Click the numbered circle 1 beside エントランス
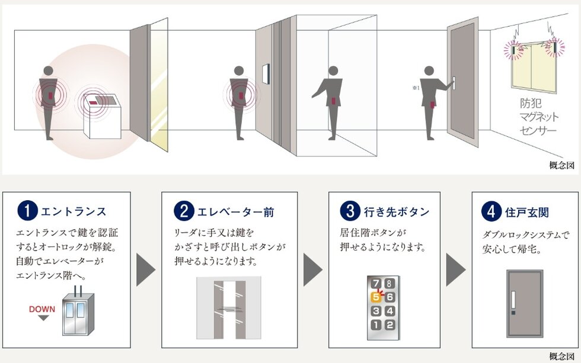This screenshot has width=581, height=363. [28, 211]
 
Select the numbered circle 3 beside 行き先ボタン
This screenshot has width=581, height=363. [349, 211]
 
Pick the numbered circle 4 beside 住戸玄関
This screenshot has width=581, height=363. [491, 211]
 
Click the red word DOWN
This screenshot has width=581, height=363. [41, 309]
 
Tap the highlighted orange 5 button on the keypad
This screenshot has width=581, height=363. [376, 297]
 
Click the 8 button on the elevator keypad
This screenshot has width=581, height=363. [389, 284]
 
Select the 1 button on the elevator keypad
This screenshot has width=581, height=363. [376, 324]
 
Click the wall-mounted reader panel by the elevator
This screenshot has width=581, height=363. [267, 74]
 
